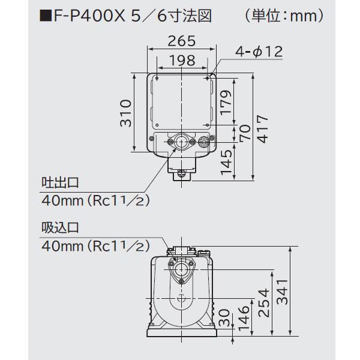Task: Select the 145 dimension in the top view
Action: [226, 162]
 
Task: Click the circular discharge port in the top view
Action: [179, 142]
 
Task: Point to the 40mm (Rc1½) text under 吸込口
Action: [95, 245]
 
